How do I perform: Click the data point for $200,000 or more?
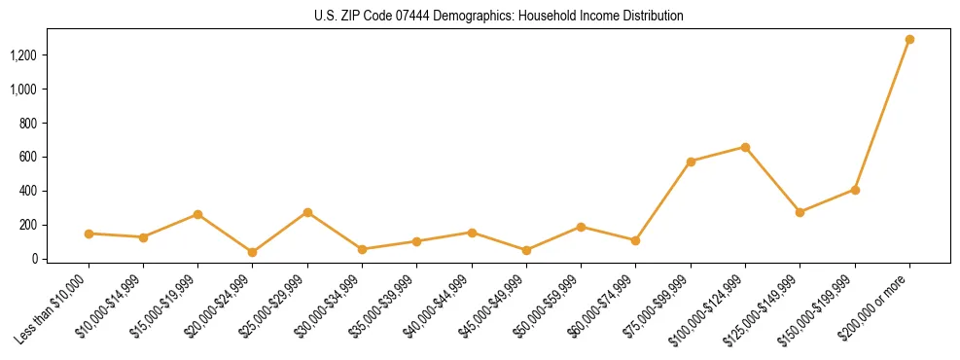(x=909, y=40)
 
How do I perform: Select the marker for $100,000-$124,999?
(x=745, y=147)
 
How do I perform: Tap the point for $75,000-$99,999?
(x=691, y=162)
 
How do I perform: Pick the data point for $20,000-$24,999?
(x=253, y=252)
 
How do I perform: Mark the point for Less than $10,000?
(x=89, y=234)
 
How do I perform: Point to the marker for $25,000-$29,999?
(x=307, y=212)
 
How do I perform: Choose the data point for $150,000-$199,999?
(x=855, y=190)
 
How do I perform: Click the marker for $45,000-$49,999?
(x=526, y=250)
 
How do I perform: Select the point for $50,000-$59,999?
(x=581, y=227)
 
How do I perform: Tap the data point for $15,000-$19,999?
(x=197, y=214)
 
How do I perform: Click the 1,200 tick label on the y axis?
(x=23, y=55)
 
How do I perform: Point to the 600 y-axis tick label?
(x=29, y=157)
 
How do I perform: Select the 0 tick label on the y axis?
(x=35, y=259)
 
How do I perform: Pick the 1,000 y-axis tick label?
(x=23, y=90)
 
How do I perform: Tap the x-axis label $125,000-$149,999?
(x=768, y=306)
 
